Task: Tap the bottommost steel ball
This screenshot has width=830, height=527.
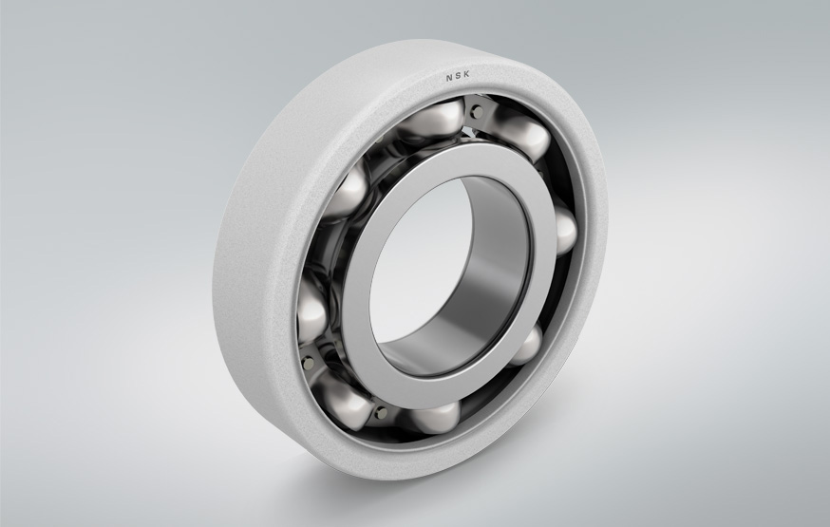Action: [x=433, y=414]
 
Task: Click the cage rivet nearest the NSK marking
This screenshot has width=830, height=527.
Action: [x=476, y=112]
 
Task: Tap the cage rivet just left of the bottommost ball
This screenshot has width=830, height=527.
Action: [x=382, y=412]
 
